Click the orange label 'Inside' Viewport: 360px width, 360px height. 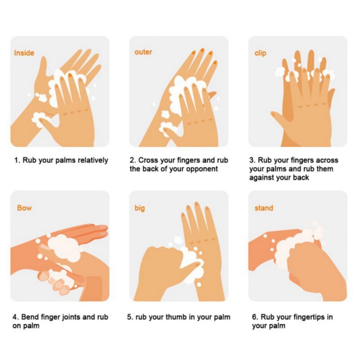coord(24,53)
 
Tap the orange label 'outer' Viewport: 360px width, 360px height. coord(143,52)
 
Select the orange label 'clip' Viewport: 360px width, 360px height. coord(260,53)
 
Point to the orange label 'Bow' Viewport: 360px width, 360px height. coord(24,208)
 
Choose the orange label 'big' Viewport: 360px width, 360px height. coord(139,208)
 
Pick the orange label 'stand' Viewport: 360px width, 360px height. coord(264,208)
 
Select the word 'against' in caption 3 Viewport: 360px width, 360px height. coord(262,178)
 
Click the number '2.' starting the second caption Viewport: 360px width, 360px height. coord(133,160)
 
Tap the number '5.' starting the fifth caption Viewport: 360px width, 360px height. coord(130,317)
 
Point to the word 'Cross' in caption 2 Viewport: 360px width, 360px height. coord(148,160)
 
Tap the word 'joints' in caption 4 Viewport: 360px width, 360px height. coord(67,317)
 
